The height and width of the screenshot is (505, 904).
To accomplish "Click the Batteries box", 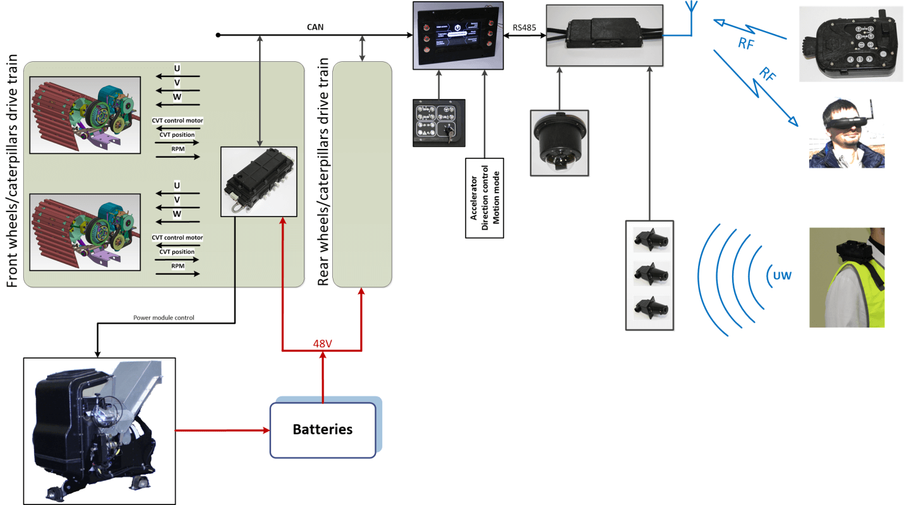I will click(x=323, y=430).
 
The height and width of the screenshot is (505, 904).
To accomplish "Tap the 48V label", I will click(x=323, y=344).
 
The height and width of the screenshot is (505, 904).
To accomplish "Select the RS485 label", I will click(x=524, y=27).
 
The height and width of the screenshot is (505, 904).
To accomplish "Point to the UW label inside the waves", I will click(x=781, y=276).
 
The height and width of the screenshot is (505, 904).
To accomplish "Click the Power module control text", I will click(x=168, y=318).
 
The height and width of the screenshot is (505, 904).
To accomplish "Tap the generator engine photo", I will click(x=99, y=431).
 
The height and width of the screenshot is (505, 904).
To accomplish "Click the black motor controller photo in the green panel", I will click(x=259, y=181).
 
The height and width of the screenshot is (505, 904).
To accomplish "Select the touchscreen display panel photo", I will click(x=457, y=35).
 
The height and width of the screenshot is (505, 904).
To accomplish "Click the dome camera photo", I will click(x=559, y=143).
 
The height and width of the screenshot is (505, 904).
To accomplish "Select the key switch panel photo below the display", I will click(x=439, y=122).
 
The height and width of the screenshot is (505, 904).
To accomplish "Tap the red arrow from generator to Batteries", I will click(x=222, y=431).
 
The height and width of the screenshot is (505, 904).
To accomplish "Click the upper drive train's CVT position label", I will click(x=177, y=134).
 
